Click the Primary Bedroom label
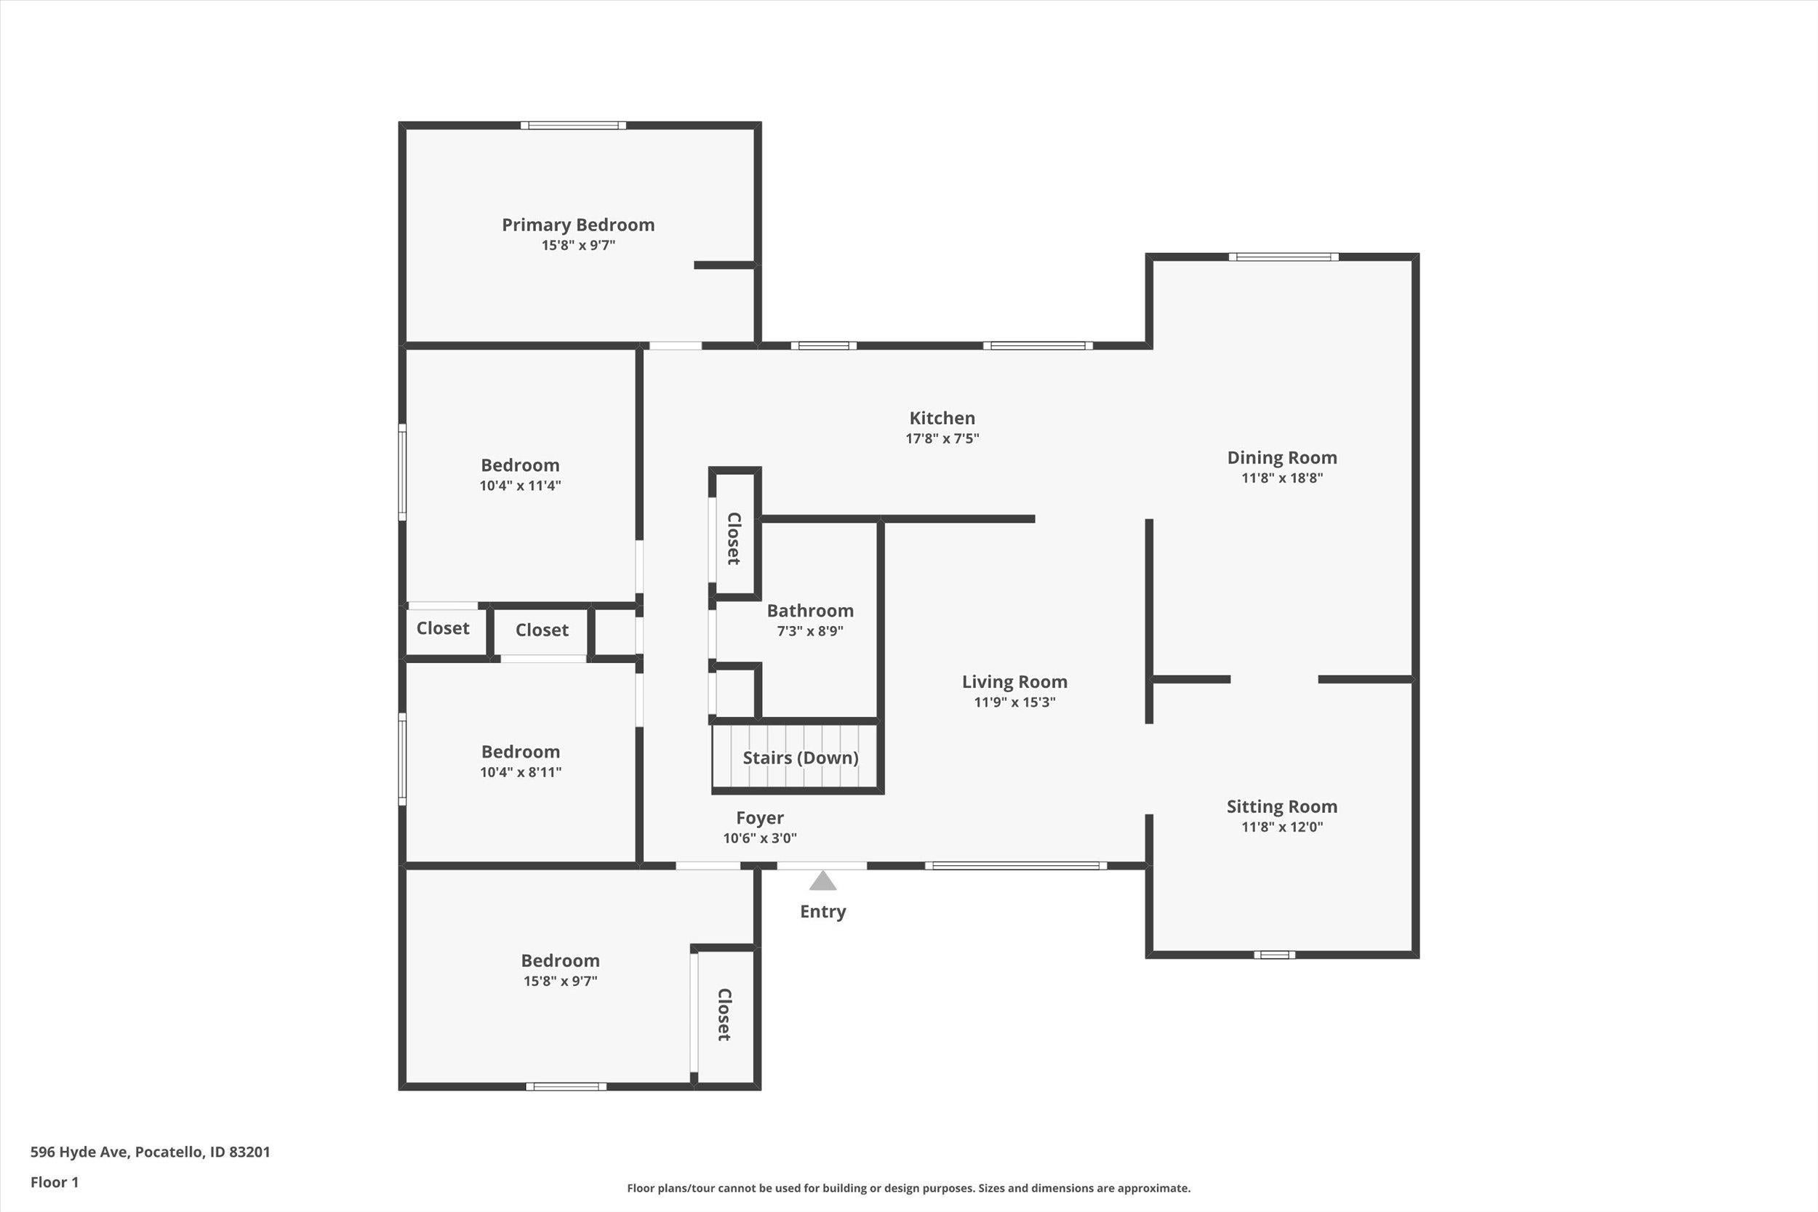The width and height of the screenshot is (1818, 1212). (x=578, y=225)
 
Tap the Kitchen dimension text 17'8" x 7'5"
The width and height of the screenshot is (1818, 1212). (x=942, y=438)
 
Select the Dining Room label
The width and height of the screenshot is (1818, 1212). (x=1281, y=457)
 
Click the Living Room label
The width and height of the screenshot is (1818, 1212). (x=1014, y=682)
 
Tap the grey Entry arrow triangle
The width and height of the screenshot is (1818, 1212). (x=822, y=882)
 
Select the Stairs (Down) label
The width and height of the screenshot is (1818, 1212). (x=800, y=758)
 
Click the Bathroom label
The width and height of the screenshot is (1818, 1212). (x=809, y=611)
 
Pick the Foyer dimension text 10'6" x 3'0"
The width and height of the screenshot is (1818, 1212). (x=760, y=838)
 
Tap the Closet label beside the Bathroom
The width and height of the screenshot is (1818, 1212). (x=734, y=539)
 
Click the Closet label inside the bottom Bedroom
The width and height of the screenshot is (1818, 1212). (x=724, y=1015)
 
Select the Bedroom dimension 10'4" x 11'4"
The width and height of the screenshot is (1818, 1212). (x=520, y=486)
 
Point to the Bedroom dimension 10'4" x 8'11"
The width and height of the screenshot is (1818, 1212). (x=520, y=771)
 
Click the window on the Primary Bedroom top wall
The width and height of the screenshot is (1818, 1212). (x=573, y=125)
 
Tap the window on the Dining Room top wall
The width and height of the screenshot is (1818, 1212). (x=1283, y=257)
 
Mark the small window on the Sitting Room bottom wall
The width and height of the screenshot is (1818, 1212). (x=1274, y=955)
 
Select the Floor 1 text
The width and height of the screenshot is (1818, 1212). (x=54, y=1182)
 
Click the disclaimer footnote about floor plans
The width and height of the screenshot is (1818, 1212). (x=908, y=1188)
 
